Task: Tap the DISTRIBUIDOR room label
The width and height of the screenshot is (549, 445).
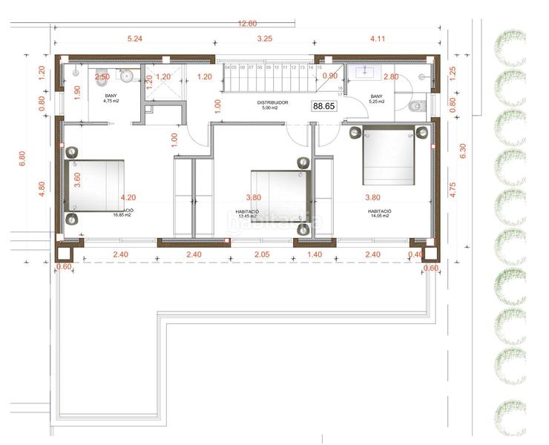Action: [x=272, y=102]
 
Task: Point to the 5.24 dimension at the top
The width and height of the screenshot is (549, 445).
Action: [x=134, y=38]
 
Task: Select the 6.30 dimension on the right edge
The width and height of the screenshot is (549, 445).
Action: [x=464, y=151]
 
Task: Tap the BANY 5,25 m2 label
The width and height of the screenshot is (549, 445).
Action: [x=377, y=99]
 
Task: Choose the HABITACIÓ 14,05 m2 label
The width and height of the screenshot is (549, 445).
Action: [x=379, y=214]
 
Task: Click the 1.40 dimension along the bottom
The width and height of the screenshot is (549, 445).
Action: [x=315, y=254]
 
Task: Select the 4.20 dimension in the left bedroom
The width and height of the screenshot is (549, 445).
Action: [x=128, y=198]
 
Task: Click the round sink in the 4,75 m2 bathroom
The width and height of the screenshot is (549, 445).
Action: [x=126, y=75]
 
